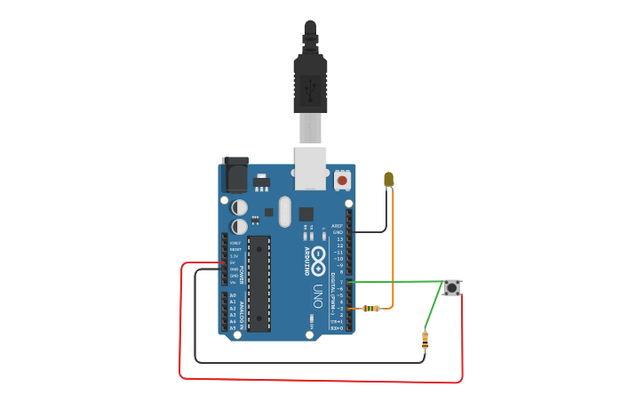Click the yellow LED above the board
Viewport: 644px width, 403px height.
(388, 179)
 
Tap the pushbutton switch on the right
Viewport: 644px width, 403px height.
(452, 287)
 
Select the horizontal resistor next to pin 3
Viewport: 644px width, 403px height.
(371, 309)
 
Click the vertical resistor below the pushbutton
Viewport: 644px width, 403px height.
(425, 339)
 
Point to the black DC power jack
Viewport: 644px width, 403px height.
(235, 174)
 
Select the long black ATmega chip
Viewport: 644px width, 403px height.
(258, 284)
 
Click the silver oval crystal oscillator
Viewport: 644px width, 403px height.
(284, 212)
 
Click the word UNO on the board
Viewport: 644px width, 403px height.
(317, 296)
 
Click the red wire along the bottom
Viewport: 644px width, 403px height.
(320, 380)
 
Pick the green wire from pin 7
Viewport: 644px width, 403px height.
(395, 282)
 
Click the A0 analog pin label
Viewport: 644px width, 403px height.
(234, 295)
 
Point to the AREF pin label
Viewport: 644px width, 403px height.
(337, 226)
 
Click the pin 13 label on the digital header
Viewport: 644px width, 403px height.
(339, 239)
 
